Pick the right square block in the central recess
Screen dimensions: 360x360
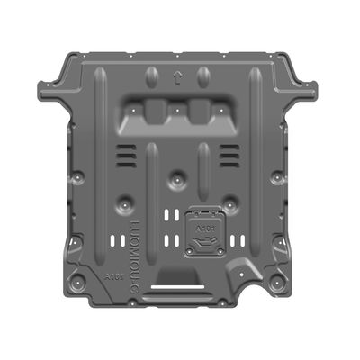[x=199, y=112]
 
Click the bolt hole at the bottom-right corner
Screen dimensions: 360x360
[x=273, y=286]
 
